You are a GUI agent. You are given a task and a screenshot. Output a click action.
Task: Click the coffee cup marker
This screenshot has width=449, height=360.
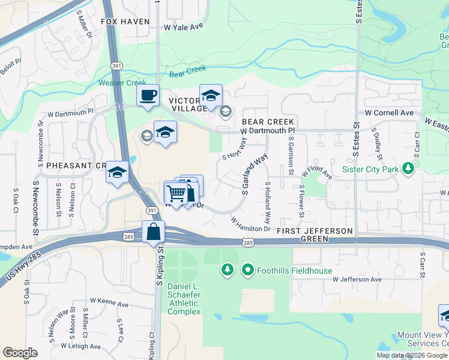[x=148, y=95]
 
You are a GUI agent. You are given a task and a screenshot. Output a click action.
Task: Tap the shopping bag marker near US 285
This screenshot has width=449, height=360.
[x=154, y=231]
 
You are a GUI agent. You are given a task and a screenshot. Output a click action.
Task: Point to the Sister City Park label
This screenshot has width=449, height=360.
[x=370, y=169]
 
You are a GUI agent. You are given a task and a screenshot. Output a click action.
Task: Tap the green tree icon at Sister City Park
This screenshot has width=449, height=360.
[x=408, y=168]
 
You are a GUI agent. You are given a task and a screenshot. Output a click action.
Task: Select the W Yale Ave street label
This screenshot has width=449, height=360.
[x=184, y=26]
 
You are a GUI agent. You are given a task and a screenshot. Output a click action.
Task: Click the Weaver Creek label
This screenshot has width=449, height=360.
[x=122, y=83]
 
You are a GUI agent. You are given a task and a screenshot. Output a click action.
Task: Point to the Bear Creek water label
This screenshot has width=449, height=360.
[x=188, y=72]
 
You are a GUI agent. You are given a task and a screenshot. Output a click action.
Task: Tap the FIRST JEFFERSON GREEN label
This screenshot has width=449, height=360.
[x=315, y=235]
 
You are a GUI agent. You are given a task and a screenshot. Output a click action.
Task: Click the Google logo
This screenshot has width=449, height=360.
[x=20, y=352]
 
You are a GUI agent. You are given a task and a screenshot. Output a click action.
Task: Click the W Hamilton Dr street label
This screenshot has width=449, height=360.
[x=251, y=224]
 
